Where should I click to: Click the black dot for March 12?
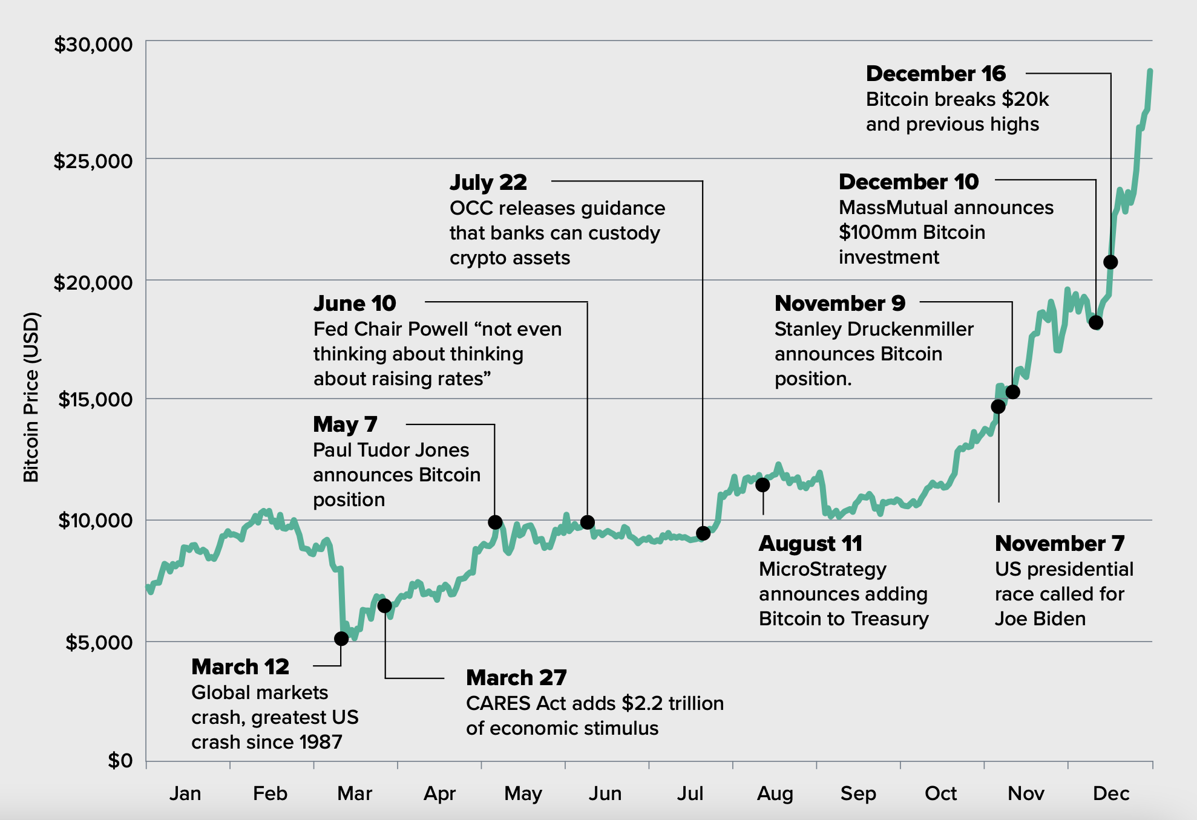tap(341, 639)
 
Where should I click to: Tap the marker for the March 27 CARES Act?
tap(384, 605)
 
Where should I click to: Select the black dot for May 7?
tap(495, 522)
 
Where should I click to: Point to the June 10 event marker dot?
tap(587, 522)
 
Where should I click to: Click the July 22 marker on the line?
tap(703, 533)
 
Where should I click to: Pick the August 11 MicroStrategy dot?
tap(762, 484)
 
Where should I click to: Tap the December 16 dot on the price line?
tap(1110, 262)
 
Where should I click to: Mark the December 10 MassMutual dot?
tap(1096, 322)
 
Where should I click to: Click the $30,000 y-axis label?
tap(93, 44)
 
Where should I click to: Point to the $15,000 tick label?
tap(95, 399)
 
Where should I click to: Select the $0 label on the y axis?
tap(120, 760)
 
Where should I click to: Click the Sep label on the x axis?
tap(858, 793)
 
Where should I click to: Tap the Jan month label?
tap(185, 793)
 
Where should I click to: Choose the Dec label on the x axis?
tap(1111, 793)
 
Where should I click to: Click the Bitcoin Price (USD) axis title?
tap(31, 397)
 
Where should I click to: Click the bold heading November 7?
tap(1060, 543)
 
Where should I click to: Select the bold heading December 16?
tap(936, 74)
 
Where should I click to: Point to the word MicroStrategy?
tap(822, 569)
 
